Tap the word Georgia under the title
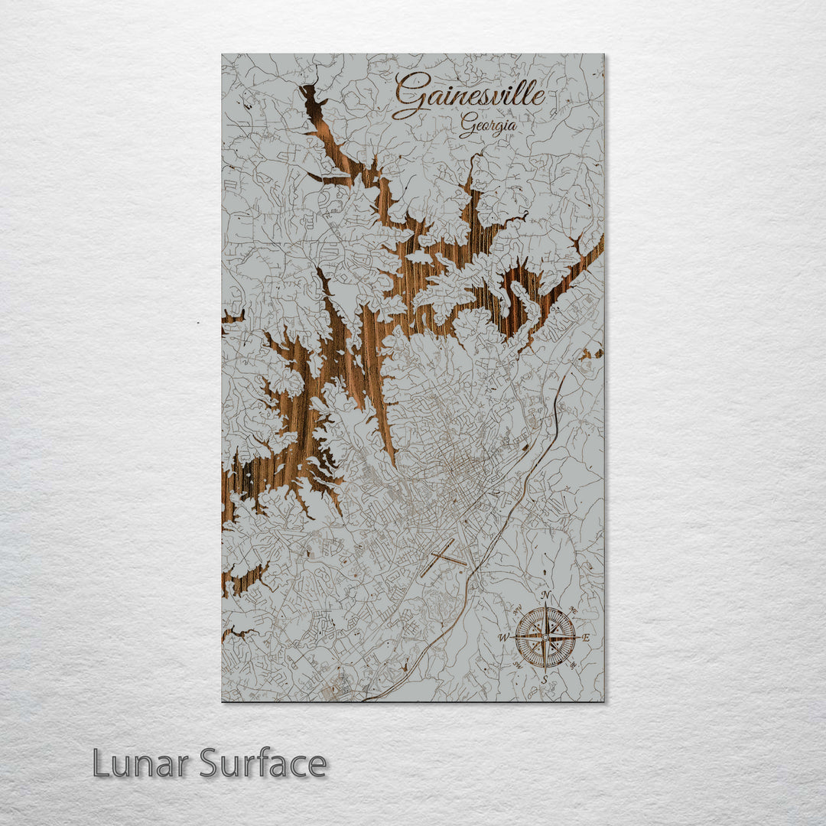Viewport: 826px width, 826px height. coord(487,125)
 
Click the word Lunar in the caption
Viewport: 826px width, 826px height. coord(141,763)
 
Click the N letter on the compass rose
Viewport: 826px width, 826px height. coord(545,596)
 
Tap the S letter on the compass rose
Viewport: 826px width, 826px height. coord(545,678)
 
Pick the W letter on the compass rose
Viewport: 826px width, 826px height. coord(503,637)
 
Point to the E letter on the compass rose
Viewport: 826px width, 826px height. coord(586,637)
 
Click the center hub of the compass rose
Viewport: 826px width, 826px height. coord(545,636)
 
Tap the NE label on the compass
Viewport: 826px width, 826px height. coord(574,608)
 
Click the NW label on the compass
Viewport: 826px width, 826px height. coord(516,609)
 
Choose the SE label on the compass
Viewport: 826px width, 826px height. coord(574,665)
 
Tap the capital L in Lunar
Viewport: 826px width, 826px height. coord(100,763)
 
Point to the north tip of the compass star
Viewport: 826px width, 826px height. coord(545,605)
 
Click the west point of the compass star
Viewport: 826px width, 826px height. coord(514,636)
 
